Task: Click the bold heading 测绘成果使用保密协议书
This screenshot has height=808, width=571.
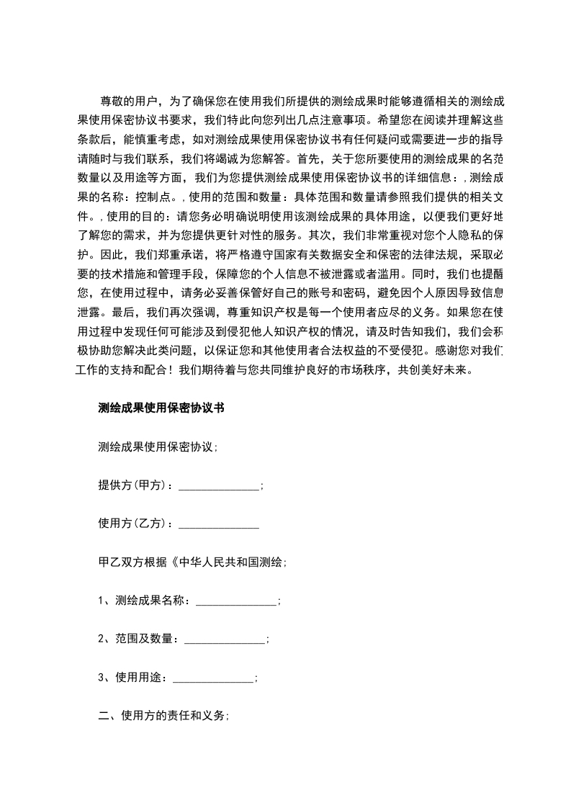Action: (x=161, y=408)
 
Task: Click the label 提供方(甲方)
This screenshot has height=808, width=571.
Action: (x=134, y=485)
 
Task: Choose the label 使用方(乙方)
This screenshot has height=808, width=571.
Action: (x=134, y=524)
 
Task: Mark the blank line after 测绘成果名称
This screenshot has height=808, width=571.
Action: (x=235, y=603)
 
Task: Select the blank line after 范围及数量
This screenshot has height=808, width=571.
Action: (x=225, y=641)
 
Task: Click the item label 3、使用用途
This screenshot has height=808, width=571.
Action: (x=132, y=678)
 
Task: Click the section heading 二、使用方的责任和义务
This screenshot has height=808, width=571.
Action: (x=162, y=716)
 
